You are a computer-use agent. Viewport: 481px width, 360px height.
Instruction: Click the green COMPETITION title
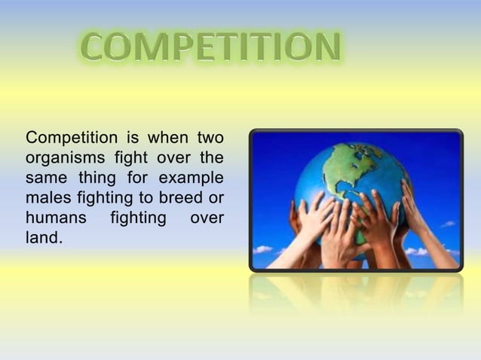coord(210,48)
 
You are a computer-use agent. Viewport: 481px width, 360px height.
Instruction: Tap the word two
coord(210,138)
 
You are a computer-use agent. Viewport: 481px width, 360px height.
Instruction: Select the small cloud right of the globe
coord(448,224)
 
